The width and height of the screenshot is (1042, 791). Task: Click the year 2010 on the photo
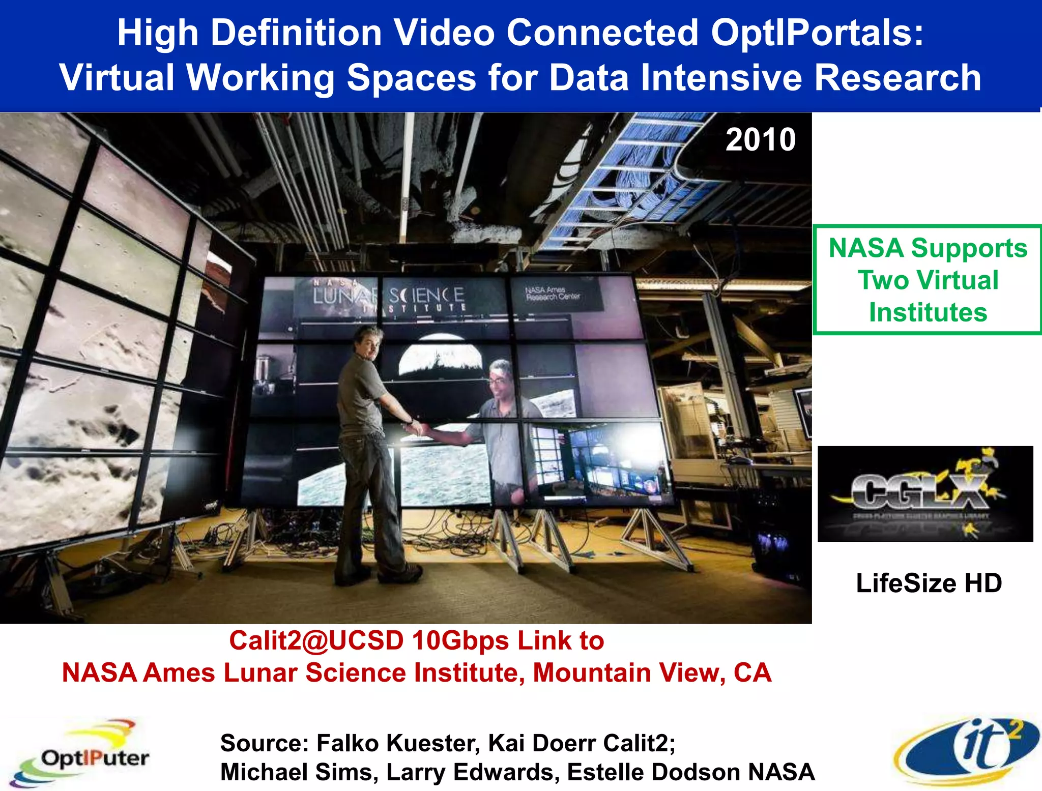(x=761, y=140)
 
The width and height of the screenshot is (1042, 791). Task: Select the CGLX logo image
(x=925, y=493)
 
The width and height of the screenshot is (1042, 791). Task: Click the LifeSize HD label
(x=929, y=583)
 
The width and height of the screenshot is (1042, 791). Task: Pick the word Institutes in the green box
(x=928, y=312)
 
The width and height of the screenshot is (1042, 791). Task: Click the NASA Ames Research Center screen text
(x=552, y=294)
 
